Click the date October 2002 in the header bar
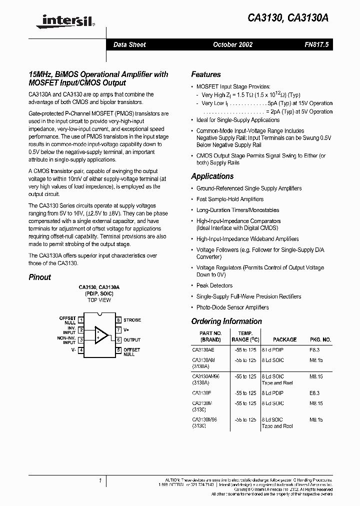tap(232, 44)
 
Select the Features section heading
tap(205, 74)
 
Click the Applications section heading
tap(212, 176)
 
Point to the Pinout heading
tap(39, 277)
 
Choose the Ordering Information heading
tap(226, 321)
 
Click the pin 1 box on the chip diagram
tap(81, 320)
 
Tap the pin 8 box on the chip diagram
tap(118, 320)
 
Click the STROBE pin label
tap(132, 320)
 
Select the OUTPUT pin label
tap(132, 340)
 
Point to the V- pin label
tap(73, 350)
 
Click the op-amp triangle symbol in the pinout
tap(101, 335)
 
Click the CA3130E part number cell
tap(202, 393)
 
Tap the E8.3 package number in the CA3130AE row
tap(315, 350)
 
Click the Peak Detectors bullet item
tap(214, 285)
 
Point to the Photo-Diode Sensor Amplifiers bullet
tap(232, 307)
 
